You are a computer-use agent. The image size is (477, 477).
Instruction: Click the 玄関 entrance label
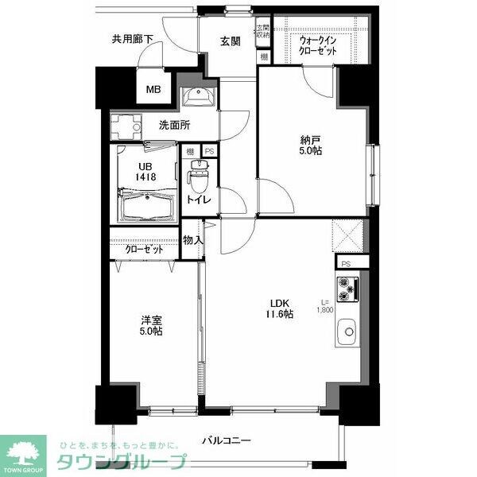[231, 42]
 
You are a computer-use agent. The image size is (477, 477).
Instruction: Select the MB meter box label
[153, 90]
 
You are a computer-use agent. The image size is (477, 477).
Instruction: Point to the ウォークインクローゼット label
[318, 45]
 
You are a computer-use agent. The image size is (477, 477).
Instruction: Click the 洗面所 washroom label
[173, 125]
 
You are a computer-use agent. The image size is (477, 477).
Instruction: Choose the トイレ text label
[198, 200]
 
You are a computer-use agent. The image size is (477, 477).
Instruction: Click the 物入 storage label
[193, 240]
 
